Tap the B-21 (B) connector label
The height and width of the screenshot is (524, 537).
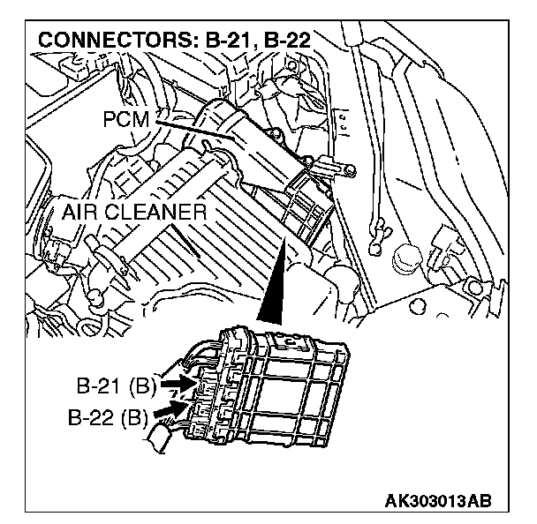[115, 386]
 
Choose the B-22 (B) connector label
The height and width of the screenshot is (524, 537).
[109, 414]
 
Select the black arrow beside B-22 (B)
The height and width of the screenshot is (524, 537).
[170, 409]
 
